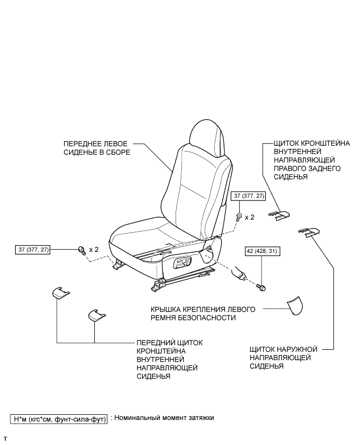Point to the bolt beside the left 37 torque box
pyautogui.click(x=82, y=250)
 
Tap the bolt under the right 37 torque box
pyautogui.click(x=238, y=216)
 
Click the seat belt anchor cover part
pyautogui.click(x=295, y=307)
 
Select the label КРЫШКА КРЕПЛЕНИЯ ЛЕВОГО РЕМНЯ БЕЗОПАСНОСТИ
pyautogui.click(x=202, y=313)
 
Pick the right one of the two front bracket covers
pyautogui.click(x=95, y=315)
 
